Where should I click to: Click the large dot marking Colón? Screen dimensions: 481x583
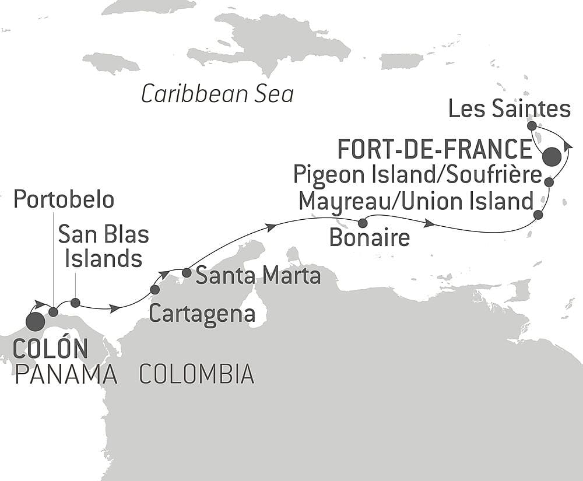point(36,321)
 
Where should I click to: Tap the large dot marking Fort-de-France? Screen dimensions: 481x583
point(552,157)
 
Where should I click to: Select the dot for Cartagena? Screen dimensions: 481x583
point(155,289)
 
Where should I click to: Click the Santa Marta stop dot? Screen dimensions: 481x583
point(187,272)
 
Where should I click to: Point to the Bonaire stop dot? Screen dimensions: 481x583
point(363,223)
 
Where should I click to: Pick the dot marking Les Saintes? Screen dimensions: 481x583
point(532,125)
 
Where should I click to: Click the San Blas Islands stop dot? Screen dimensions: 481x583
point(75,302)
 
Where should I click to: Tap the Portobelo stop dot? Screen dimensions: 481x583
point(53,312)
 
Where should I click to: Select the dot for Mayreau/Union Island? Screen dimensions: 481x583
point(538,215)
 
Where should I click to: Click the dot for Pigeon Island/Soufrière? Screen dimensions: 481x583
point(549,182)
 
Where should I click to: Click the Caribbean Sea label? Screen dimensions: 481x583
point(217,94)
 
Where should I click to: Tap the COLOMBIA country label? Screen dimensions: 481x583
point(196,374)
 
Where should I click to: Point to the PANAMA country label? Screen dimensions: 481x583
point(66,375)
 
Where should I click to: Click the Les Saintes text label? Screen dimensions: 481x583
point(509,108)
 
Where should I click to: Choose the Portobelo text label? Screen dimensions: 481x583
point(64,200)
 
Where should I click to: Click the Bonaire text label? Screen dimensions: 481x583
point(369,238)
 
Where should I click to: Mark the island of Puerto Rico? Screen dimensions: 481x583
point(401,61)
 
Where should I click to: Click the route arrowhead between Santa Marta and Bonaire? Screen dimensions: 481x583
point(271,226)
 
